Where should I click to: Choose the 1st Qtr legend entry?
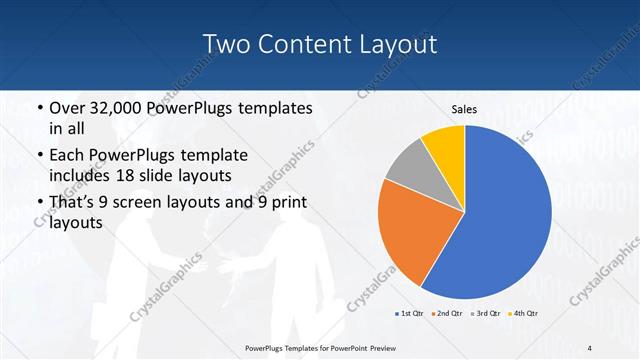(x=409, y=314)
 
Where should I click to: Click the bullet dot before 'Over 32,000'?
(x=38, y=108)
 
